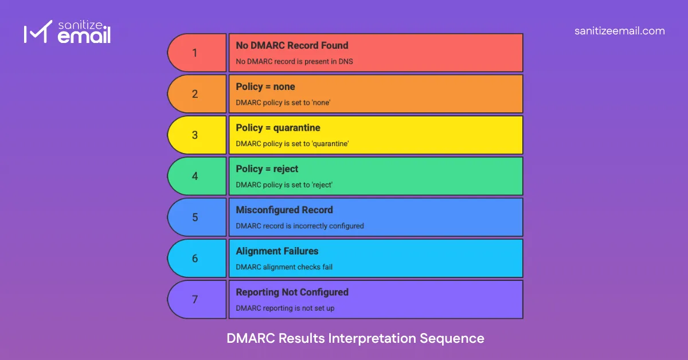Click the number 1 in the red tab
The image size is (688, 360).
coord(195,53)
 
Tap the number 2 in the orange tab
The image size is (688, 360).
coord(195,94)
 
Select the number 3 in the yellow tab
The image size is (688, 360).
coord(195,135)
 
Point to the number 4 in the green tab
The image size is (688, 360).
coord(195,177)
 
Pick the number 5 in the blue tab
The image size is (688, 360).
coord(195,218)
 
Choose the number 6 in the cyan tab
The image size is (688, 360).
coord(195,259)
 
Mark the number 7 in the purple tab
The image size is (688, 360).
coord(195,300)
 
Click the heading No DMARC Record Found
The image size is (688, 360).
coord(292,45)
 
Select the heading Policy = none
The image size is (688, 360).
coord(265,87)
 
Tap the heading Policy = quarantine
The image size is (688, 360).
coord(278,128)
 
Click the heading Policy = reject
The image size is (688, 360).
coord(267,169)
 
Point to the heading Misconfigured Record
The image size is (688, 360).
coord(284,210)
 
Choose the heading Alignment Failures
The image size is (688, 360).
coord(277,251)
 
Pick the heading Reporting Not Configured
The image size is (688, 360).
coord(292,292)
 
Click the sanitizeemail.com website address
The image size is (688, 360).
coord(619,31)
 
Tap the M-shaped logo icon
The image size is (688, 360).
coord(34,34)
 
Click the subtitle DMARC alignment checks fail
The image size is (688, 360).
coord(284,267)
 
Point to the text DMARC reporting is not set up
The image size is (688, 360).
coord(285,308)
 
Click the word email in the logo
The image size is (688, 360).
coord(84,37)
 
